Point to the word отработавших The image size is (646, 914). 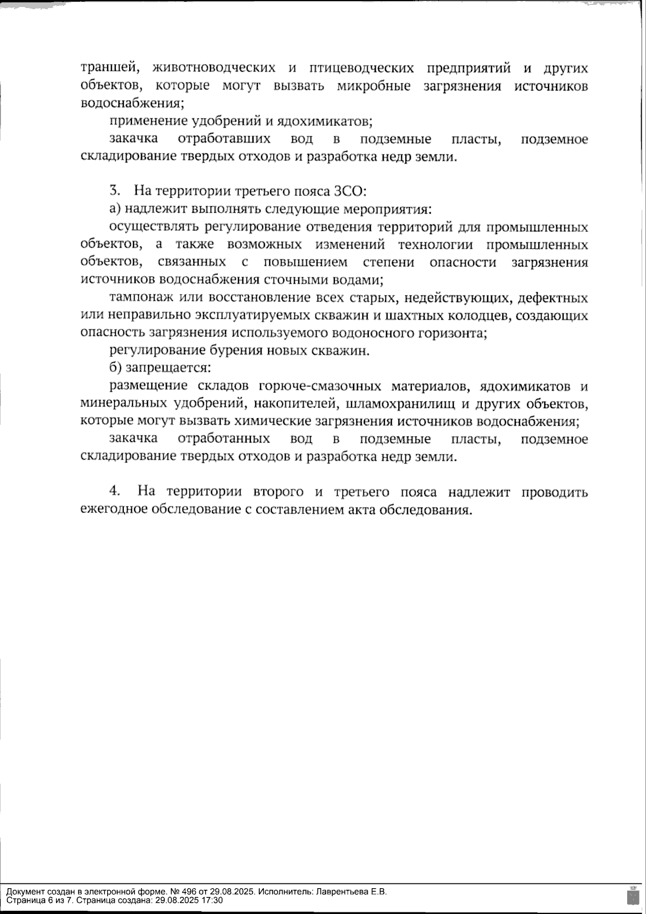223,139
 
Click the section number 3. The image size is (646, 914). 114,191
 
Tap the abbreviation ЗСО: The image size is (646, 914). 350,191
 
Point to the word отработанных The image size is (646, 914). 223,439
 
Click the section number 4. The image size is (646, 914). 114,491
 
